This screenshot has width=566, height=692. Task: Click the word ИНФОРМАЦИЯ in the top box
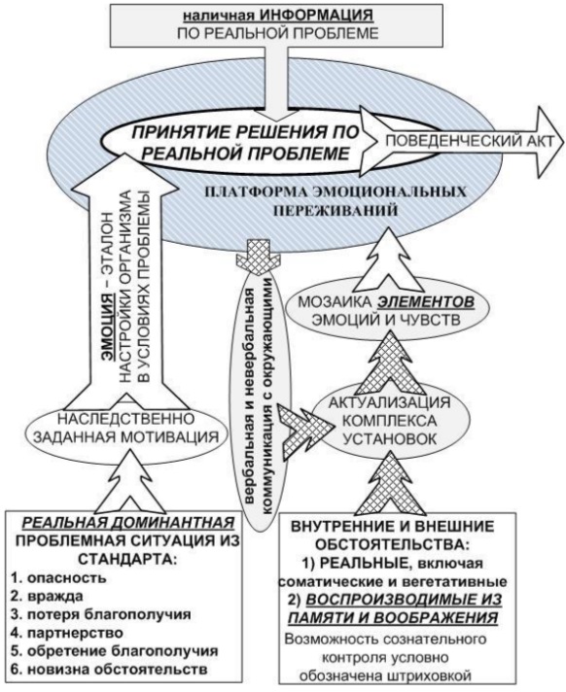[x=316, y=15]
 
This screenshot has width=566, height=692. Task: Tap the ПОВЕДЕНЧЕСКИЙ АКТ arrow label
[x=470, y=141]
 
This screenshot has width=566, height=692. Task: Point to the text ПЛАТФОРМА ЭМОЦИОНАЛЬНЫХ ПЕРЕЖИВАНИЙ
[x=336, y=201]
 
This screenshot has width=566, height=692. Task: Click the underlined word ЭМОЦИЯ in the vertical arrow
[x=108, y=329]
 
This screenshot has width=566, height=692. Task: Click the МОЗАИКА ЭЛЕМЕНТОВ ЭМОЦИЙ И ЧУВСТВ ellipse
[x=386, y=310]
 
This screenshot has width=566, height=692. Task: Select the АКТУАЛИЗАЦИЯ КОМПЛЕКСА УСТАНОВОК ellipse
[x=389, y=421]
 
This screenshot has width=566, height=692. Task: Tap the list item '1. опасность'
[x=58, y=577]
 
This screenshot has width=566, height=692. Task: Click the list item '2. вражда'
[x=47, y=596]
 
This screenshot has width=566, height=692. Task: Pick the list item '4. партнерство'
[x=67, y=633]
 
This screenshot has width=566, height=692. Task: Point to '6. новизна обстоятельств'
[x=109, y=669]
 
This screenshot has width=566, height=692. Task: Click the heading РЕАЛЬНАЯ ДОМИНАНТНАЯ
[x=128, y=523]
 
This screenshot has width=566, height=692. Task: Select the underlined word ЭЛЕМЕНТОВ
[x=426, y=302]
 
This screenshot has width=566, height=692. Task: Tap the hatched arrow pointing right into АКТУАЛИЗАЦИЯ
[x=305, y=426]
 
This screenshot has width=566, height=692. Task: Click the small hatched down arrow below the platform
[x=259, y=259]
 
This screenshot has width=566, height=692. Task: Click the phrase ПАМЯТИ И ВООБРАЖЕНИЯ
[x=393, y=618]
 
